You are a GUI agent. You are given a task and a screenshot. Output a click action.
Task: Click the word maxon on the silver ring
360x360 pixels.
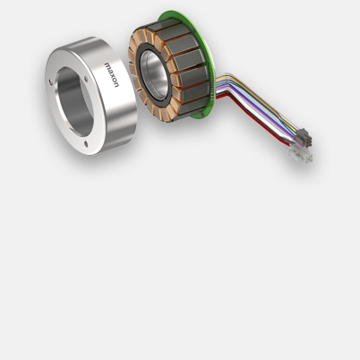[x=111, y=75]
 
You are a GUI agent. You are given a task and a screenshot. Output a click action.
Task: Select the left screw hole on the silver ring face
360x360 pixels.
[x=50, y=81]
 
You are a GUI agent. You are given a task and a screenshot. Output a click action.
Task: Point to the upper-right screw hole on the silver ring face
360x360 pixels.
[x=86, y=79]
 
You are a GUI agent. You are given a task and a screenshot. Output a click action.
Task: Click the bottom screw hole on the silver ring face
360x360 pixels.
[x=86, y=144]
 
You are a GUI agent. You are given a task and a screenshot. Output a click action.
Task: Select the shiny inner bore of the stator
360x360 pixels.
[x=154, y=74]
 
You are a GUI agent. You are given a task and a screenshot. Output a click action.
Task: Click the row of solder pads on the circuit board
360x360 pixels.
[x=212, y=88]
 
